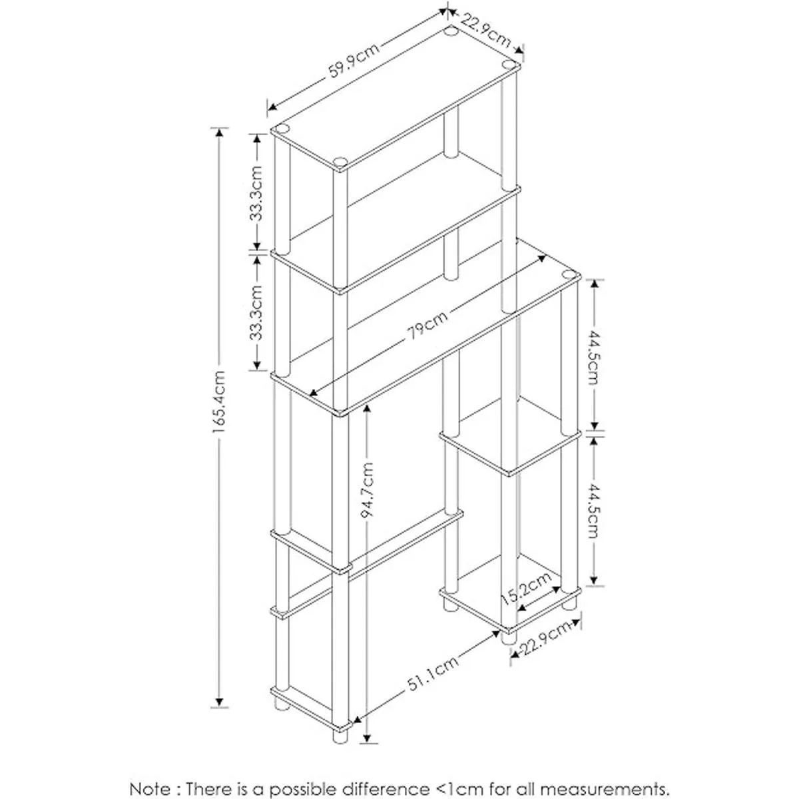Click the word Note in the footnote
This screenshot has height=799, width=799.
[152, 770]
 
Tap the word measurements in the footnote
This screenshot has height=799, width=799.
[591, 770]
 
